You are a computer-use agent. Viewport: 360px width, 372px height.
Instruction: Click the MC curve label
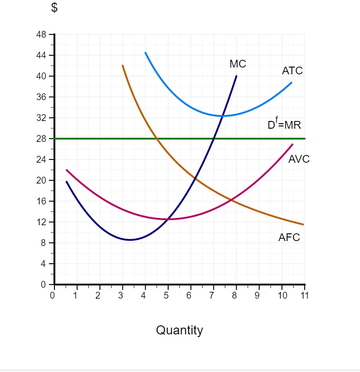pyautogui.click(x=238, y=64)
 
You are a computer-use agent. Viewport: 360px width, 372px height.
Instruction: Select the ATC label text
pyautogui.click(x=292, y=71)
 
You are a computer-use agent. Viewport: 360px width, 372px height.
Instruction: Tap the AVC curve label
pyautogui.click(x=299, y=159)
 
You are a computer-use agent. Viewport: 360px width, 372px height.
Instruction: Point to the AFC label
pyautogui.click(x=289, y=237)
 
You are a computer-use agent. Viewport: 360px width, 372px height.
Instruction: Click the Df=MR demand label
pyautogui.click(x=284, y=125)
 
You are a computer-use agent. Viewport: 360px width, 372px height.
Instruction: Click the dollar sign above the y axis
pyautogui.click(x=54, y=9)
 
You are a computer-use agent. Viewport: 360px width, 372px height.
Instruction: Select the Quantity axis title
pyautogui.click(x=180, y=330)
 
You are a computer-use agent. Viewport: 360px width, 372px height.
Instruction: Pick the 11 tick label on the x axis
pyautogui.click(x=304, y=296)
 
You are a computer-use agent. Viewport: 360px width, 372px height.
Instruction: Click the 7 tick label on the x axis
pyautogui.click(x=212, y=296)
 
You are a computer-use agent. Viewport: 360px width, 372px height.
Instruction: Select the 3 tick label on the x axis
pyautogui.click(x=121, y=296)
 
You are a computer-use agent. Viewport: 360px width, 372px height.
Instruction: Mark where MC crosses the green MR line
pyautogui.click(x=214, y=139)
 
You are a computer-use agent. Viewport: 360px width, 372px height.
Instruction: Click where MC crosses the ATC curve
pyautogui.click(x=223, y=116)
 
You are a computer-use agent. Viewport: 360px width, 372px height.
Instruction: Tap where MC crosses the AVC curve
pyautogui.click(x=168, y=219)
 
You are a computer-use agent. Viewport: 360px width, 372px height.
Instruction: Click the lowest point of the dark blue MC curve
pyautogui.click(x=130, y=240)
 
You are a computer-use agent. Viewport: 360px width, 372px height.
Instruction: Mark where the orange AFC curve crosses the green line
pyautogui.click(x=156, y=139)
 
